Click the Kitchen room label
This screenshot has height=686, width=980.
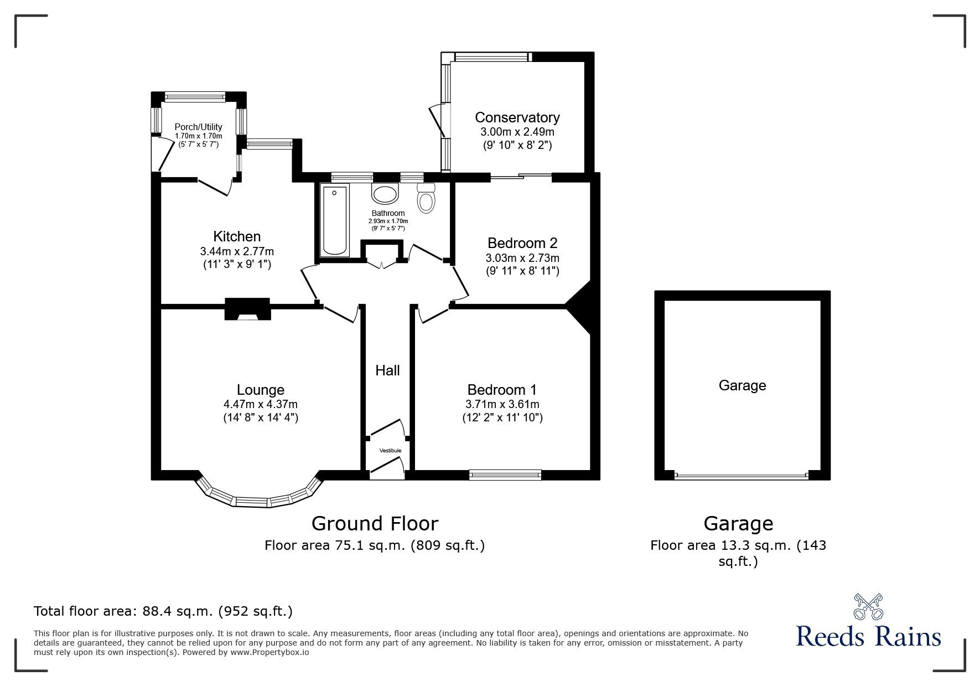coord(237,237)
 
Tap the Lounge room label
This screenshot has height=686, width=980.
coord(261,390)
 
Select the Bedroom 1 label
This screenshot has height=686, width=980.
coord(502,390)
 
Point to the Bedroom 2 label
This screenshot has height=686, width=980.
coord(522,243)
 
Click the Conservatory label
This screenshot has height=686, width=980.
coord(517,117)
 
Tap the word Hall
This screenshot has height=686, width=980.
coord(387,370)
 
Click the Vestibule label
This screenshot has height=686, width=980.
coord(390,451)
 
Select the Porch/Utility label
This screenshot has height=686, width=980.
coord(198,127)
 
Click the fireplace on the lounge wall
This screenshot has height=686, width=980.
coord(247,309)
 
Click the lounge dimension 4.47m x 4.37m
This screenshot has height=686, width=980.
coord(261,405)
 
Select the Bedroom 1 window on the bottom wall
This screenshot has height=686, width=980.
coord(505,474)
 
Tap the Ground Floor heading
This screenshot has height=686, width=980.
coord(375,523)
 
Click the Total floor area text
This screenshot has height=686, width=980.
coord(163,611)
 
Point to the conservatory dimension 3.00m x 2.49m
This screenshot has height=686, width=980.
coord(517,132)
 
